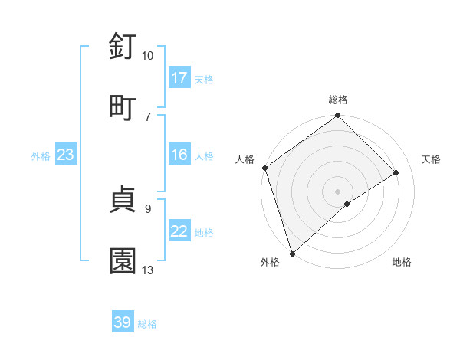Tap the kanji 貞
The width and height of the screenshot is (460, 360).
(123, 200)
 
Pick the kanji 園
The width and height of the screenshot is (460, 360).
(123, 260)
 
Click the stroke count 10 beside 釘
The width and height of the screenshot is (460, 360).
(147, 56)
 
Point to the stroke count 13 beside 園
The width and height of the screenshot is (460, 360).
(147, 270)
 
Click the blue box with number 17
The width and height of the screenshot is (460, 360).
(179, 78)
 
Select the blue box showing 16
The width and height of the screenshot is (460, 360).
(179, 155)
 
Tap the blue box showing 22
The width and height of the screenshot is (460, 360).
(179, 231)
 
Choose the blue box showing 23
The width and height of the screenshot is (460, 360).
(66, 155)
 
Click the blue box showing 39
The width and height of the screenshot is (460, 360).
(123, 322)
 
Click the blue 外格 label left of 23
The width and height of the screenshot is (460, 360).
(41, 155)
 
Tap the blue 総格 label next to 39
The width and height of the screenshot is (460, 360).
(147, 324)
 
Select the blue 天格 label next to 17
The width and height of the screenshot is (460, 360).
(204, 79)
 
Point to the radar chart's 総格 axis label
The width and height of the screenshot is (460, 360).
(338, 100)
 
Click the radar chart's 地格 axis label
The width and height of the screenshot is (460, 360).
(402, 262)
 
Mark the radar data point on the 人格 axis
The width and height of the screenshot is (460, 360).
(264, 168)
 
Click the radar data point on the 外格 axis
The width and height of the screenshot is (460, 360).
(292, 253)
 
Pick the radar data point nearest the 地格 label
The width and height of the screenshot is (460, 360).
(347, 204)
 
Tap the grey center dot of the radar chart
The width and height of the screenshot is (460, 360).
(337, 191)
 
